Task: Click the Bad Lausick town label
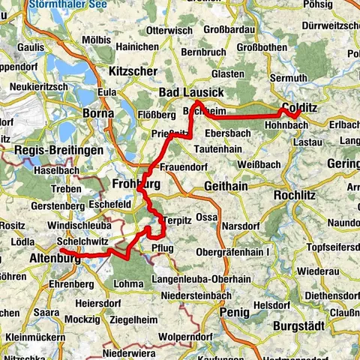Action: tap(190, 91)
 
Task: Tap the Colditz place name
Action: tap(300, 107)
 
